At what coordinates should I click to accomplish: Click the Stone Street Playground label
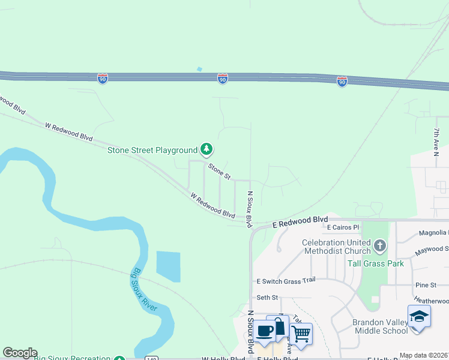[152, 150]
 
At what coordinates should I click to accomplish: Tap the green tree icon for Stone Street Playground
[206, 148]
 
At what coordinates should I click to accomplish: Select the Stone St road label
[219, 171]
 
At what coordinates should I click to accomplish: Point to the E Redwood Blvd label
[300, 221]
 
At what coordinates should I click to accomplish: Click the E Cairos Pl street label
[343, 228]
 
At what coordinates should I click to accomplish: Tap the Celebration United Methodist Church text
[336, 247]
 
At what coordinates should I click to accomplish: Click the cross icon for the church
[379, 245]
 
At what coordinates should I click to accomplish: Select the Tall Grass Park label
[376, 263]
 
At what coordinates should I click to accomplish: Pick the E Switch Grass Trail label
[286, 280]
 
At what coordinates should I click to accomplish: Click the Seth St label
[268, 297]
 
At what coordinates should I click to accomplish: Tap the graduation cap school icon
[419, 317]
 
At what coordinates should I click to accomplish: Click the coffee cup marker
[264, 330]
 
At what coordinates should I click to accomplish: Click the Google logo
[20, 353]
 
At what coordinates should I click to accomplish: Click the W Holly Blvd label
[223, 358]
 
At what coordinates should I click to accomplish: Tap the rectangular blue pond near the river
[168, 266]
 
